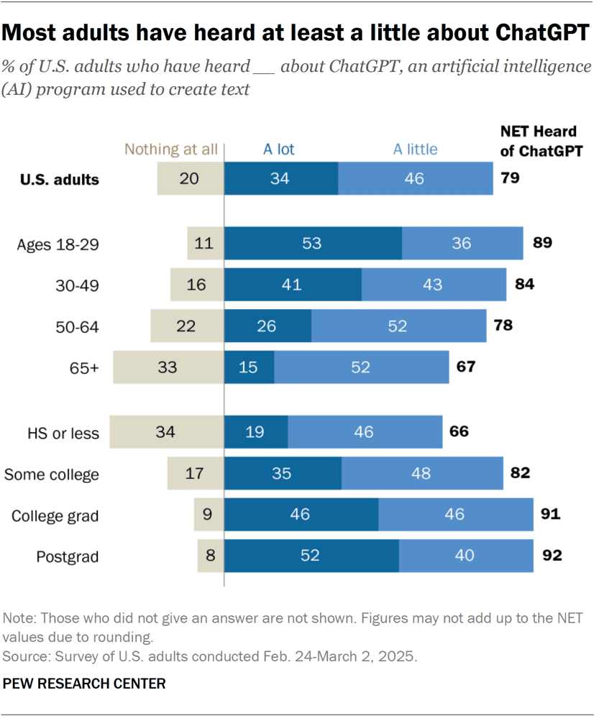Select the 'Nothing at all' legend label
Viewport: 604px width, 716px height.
(x=170, y=150)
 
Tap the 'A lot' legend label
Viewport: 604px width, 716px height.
(x=279, y=150)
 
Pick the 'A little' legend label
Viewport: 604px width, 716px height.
(x=415, y=150)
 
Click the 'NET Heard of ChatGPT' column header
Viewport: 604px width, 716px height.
(x=539, y=141)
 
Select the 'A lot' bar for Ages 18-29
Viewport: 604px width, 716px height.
(x=313, y=243)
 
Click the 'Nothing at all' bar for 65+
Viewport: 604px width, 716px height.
(x=168, y=367)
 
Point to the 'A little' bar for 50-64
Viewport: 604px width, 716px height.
(x=398, y=326)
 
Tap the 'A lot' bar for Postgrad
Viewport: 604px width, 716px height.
(x=311, y=556)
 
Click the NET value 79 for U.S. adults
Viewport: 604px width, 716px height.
(x=511, y=178)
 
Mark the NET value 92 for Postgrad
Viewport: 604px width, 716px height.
(x=551, y=556)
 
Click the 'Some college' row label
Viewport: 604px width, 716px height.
(x=52, y=474)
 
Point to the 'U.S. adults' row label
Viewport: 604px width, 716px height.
(x=58, y=180)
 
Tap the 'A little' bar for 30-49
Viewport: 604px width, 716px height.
(x=434, y=285)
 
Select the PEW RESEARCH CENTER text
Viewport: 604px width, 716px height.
(x=84, y=684)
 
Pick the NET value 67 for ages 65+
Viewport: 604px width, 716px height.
(x=466, y=367)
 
